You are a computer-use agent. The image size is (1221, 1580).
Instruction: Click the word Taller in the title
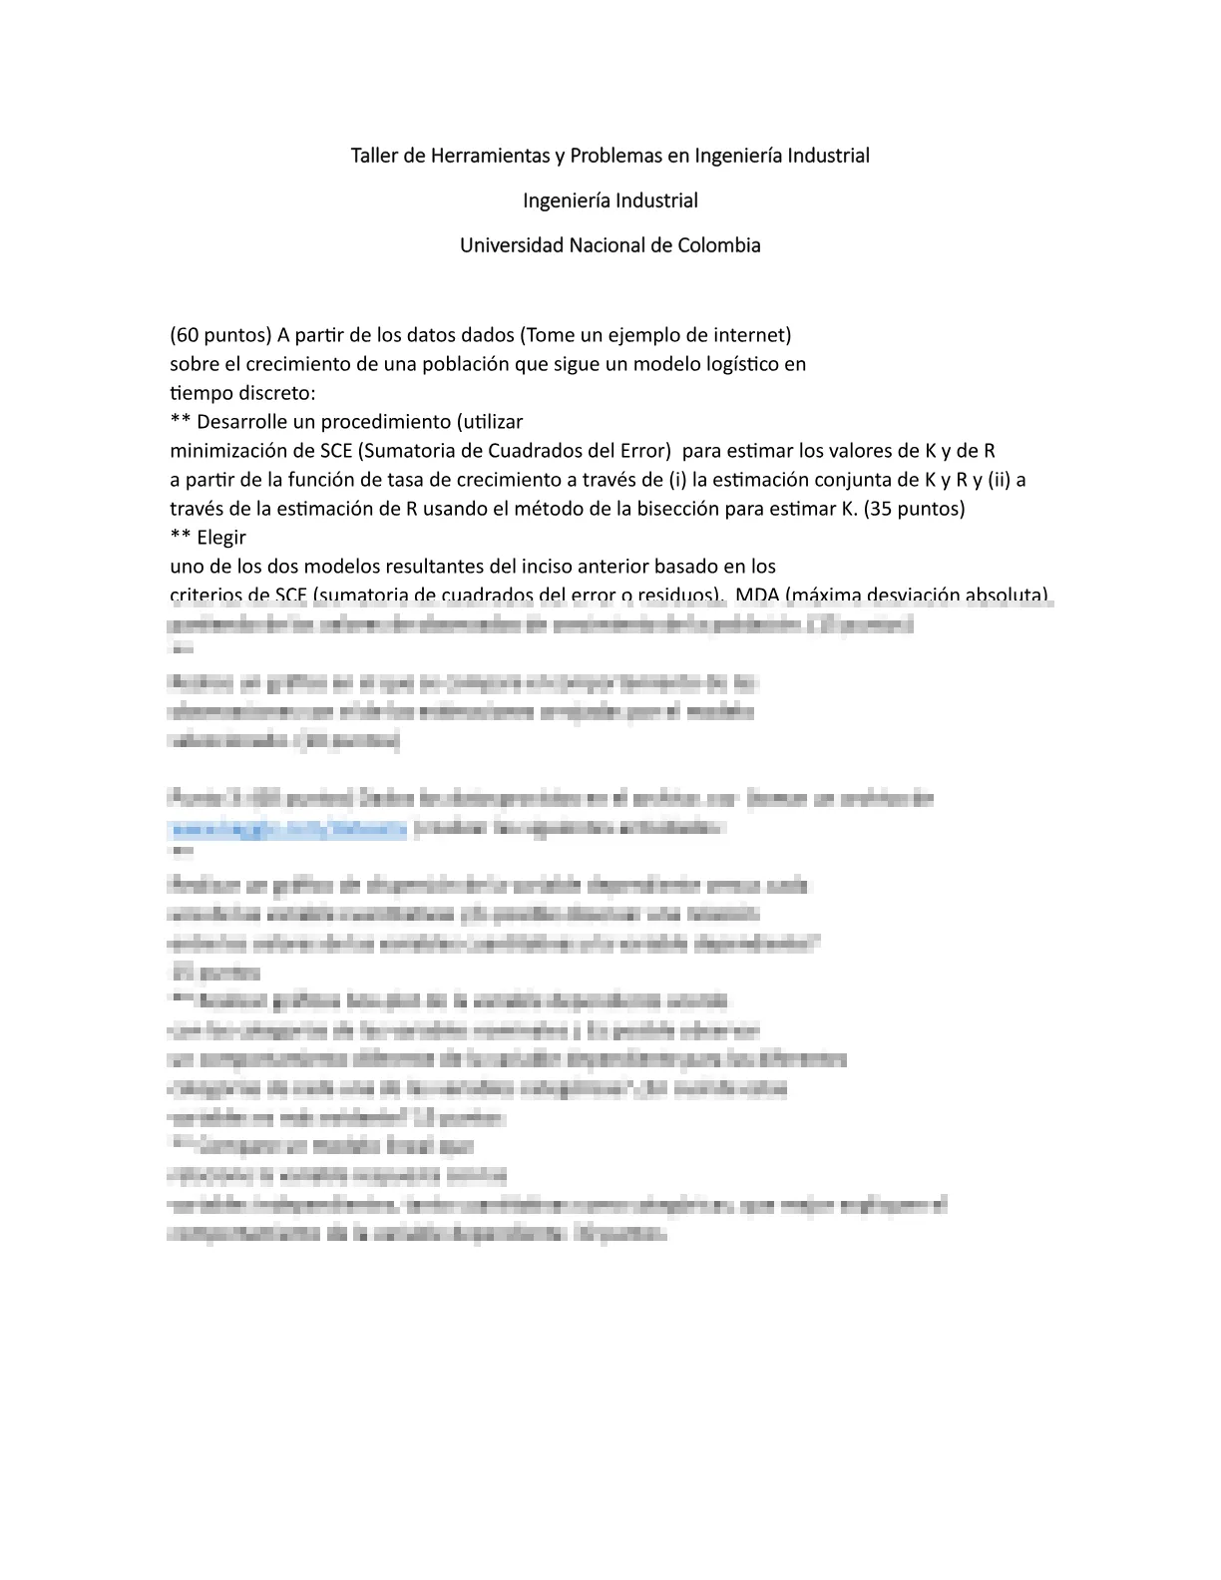tap(373, 156)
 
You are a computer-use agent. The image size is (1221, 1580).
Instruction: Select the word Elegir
tap(221, 537)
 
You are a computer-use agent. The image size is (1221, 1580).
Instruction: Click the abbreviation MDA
tap(758, 595)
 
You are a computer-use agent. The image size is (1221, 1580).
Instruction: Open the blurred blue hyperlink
tap(288, 828)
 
